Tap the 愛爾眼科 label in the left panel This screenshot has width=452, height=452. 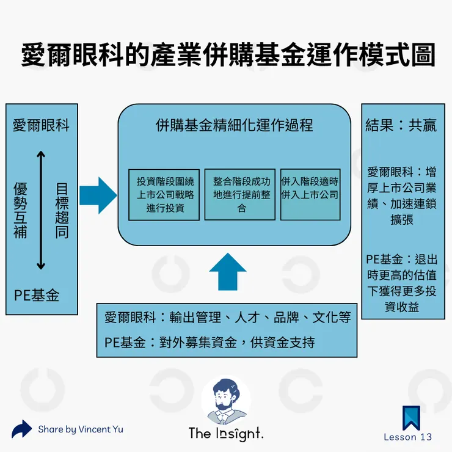[41, 126]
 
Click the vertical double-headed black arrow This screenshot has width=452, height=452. [41, 211]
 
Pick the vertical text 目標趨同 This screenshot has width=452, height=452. [62, 211]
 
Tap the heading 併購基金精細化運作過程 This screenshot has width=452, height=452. [235, 125]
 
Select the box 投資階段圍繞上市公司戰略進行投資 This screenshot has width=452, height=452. [165, 195]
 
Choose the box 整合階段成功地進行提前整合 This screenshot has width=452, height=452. [241, 195]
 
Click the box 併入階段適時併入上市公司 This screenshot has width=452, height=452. [310, 195]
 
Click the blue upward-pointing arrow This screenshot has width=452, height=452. [227, 271]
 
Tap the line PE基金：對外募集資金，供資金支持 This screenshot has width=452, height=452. [210, 342]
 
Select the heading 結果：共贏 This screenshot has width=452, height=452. [401, 126]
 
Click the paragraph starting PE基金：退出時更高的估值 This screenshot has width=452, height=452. [402, 283]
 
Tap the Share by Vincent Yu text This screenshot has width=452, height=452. [80, 429]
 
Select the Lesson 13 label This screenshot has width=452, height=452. [407, 437]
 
